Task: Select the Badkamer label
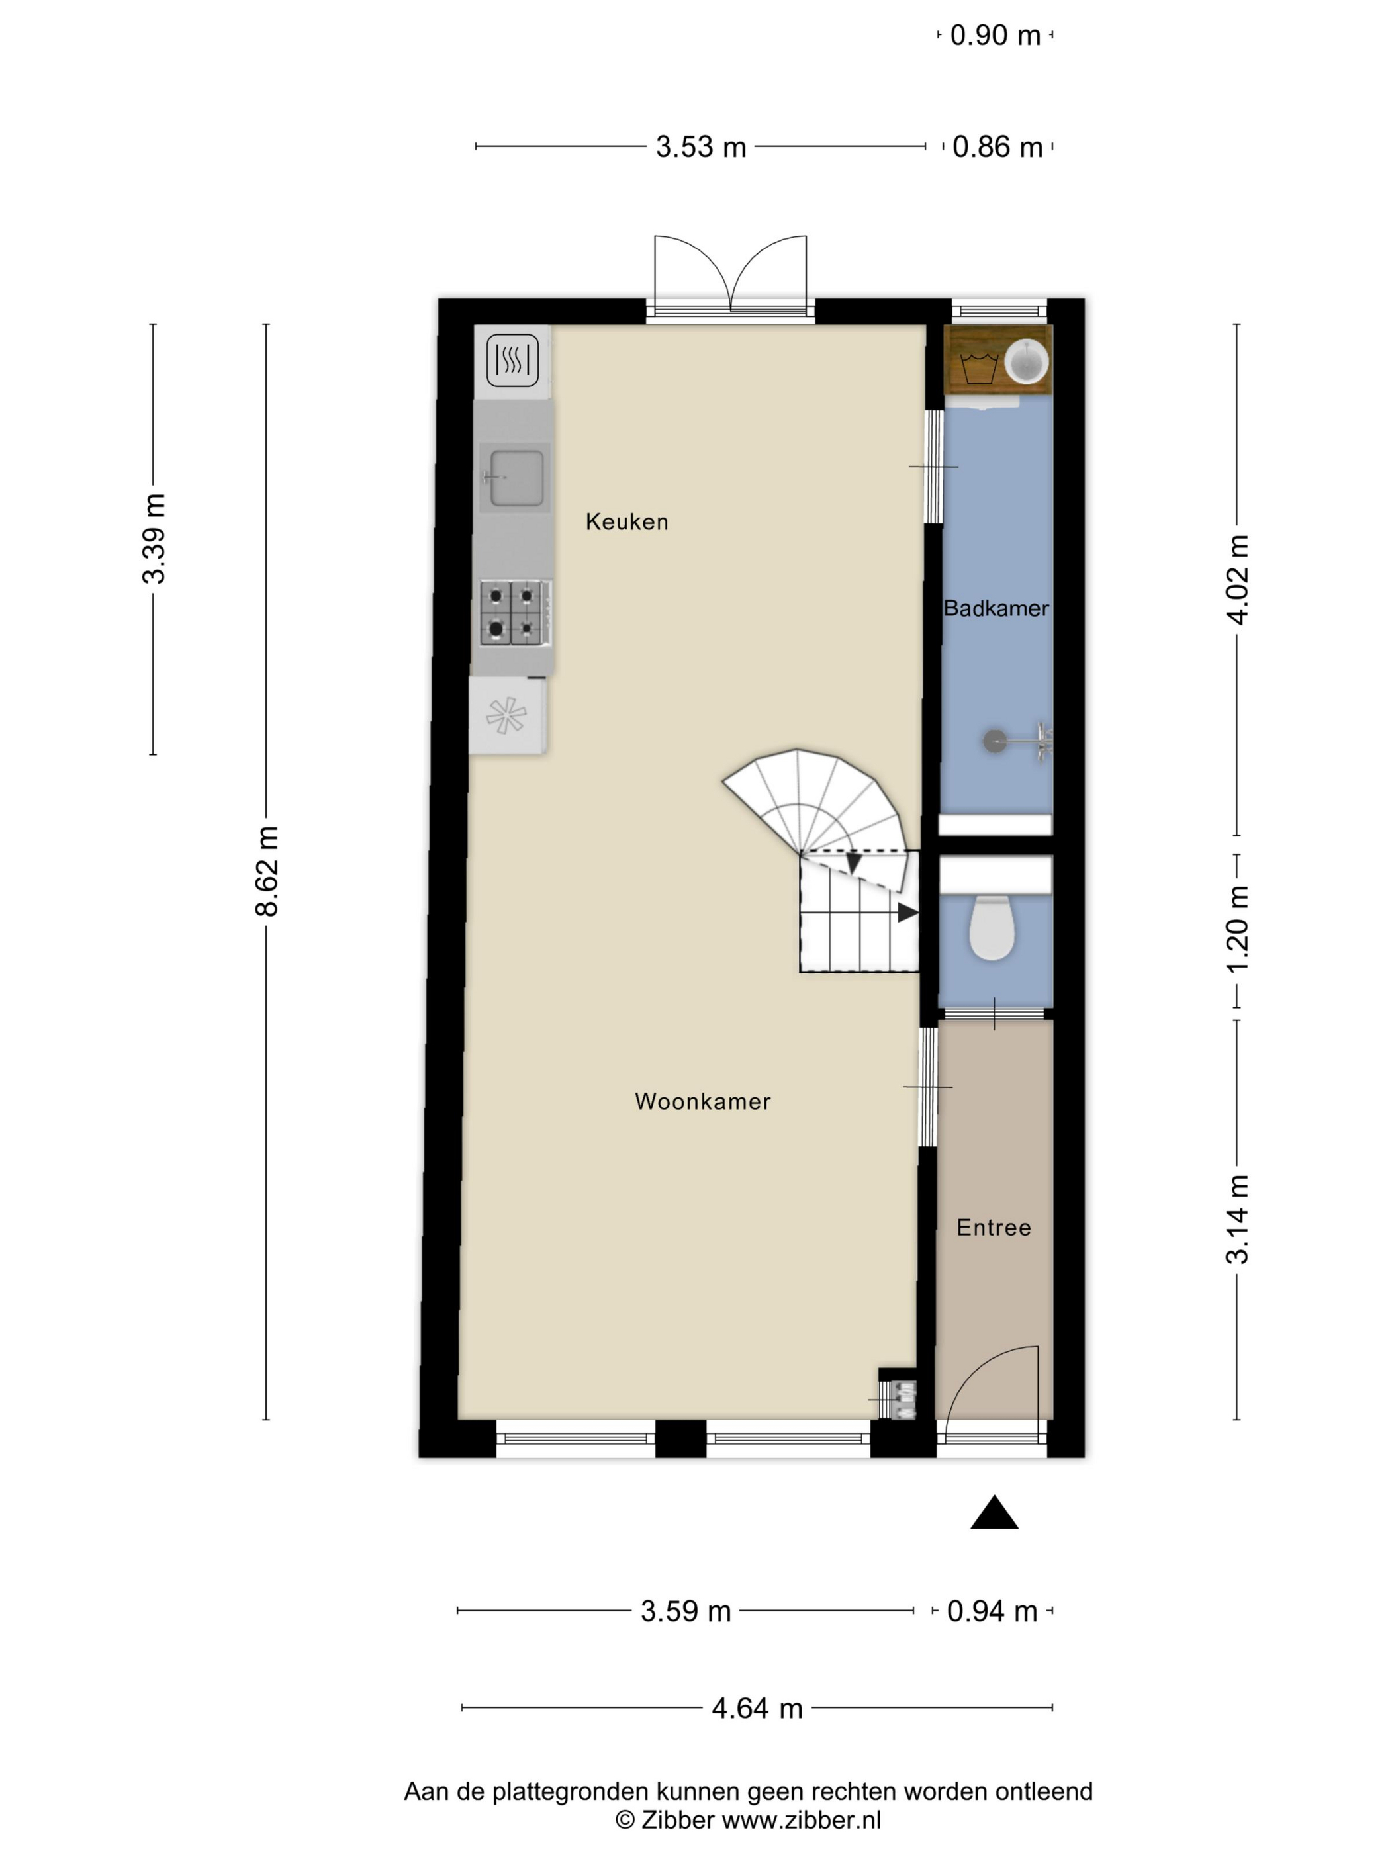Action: (996, 608)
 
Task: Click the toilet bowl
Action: (992, 927)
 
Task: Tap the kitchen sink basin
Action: (516, 478)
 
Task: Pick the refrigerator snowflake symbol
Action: (506, 715)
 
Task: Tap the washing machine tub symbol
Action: (978, 369)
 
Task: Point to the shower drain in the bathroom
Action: (994, 741)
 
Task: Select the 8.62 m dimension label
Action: (267, 871)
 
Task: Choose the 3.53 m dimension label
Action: (700, 147)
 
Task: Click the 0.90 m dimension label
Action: (996, 35)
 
